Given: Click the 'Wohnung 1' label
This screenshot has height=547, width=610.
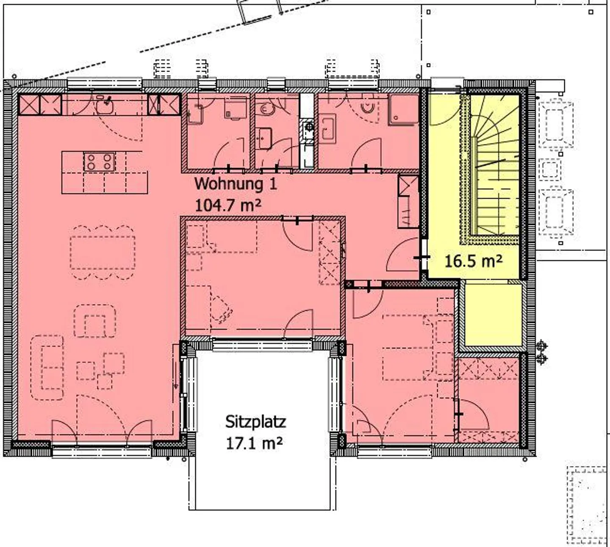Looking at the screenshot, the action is tap(236, 184).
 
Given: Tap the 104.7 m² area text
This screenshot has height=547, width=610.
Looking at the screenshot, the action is tap(227, 206).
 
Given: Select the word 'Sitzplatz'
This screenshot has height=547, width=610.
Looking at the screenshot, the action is tap(255, 422).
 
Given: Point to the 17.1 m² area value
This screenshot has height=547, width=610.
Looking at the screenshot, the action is tap(255, 443).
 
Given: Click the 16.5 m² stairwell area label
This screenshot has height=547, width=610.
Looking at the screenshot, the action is tap(474, 261).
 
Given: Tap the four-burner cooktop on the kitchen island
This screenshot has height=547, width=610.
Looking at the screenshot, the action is tap(100, 162).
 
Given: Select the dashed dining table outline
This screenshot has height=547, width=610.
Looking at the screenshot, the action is tap(103, 253).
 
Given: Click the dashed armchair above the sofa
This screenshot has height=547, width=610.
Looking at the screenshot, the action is tap(95, 321).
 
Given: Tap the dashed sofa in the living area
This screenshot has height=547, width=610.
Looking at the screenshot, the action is tap(47, 367).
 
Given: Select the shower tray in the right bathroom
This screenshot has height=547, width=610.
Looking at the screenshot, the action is tap(403, 109).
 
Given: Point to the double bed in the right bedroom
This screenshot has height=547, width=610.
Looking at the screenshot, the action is tap(408, 348).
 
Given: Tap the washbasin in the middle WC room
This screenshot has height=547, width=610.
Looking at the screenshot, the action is tap(265, 138).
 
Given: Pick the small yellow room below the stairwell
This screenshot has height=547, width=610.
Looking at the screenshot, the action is tap(493, 315).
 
